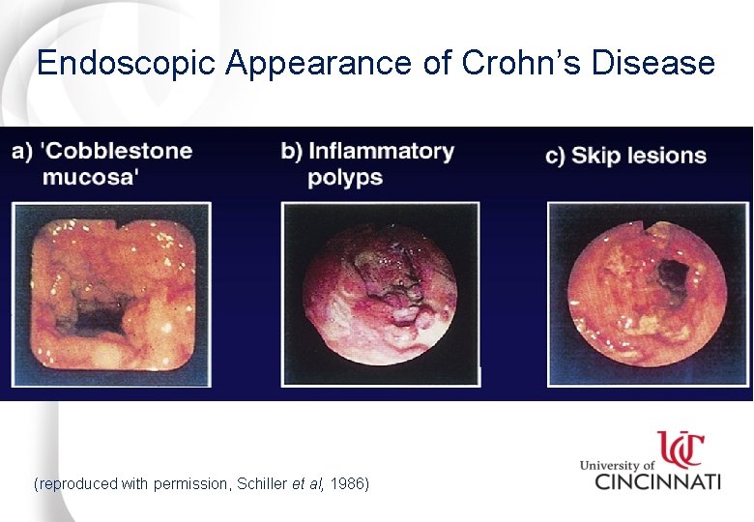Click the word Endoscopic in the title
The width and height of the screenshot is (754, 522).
pos(127,64)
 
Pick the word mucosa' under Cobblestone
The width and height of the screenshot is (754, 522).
pos(91,177)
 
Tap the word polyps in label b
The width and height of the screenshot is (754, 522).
pos(345,178)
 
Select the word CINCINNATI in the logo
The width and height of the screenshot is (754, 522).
pos(657,479)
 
